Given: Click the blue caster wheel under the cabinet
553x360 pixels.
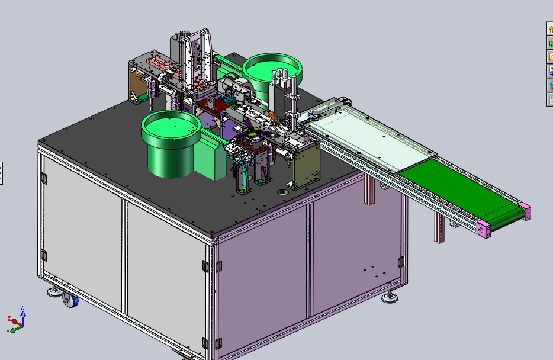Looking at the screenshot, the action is point(70,300).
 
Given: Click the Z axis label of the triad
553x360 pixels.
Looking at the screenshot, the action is point(22,308).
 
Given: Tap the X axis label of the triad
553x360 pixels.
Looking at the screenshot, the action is point(9,319).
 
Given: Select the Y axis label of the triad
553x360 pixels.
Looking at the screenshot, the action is point(8,333).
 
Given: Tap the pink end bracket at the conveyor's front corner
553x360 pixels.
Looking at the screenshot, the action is point(484,229).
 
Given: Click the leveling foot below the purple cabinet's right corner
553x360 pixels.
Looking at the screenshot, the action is point(390,297).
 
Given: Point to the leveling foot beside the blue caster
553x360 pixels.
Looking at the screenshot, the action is point(55,291).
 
